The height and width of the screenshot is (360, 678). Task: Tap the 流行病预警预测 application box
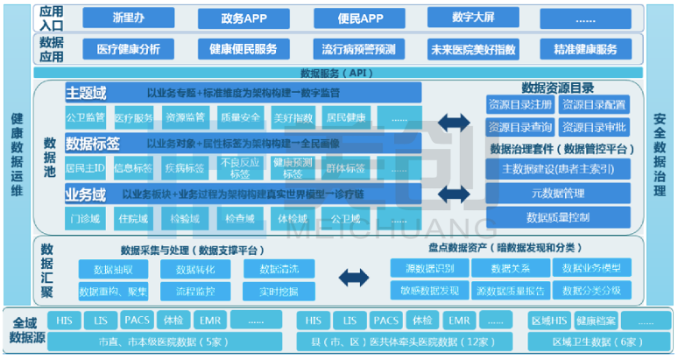tap(357, 50)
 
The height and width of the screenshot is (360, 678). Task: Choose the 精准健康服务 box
tap(585, 50)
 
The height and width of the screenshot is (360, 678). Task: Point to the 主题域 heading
tap(86, 92)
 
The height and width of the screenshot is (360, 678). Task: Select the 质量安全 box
tap(240, 117)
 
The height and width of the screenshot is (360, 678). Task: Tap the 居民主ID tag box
tap(86, 168)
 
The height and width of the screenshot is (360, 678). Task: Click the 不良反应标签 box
tap(240, 167)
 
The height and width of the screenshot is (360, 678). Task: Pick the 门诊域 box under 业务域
tap(86, 218)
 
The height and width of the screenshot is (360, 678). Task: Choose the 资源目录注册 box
tap(520, 105)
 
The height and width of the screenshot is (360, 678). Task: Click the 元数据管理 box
tap(557, 193)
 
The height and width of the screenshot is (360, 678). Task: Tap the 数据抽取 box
tap(113, 269)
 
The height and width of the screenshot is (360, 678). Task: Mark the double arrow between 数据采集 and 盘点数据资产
tap(354, 279)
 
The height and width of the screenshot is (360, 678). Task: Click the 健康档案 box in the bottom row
tap(596, 321)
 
